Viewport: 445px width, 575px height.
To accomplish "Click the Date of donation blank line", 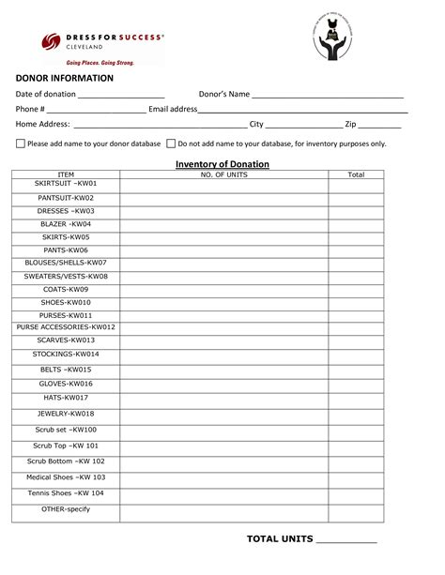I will coord(121,95).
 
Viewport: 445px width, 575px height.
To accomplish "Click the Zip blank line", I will coord(380,124).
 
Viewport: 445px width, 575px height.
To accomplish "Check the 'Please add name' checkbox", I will coord(21,144).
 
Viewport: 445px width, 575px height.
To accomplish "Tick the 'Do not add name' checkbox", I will coord(171,144).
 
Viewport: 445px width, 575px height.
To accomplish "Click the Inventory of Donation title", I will coord(222,164).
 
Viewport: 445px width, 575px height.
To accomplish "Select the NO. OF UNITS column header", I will coord(224,174).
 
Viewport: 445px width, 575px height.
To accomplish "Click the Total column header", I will coord(356,174).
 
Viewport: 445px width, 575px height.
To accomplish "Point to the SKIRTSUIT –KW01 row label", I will coord(66,183).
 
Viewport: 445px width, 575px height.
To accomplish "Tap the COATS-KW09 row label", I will coord(66,290).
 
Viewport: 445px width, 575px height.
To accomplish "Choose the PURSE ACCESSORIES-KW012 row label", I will coord(66,326).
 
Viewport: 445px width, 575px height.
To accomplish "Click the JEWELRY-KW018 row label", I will coord(66,413).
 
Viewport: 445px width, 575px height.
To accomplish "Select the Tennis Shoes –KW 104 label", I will coord(66,492).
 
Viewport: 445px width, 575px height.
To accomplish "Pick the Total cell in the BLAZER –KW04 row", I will coord(356,225).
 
